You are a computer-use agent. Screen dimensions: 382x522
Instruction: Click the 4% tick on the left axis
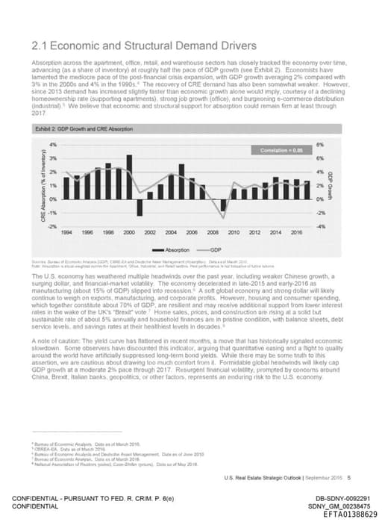coord(52,144)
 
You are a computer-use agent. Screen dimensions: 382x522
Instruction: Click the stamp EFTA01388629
coord(351,514)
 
